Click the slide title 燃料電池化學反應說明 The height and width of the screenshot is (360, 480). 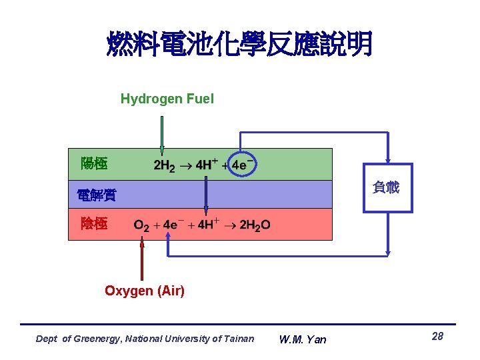point(239,45)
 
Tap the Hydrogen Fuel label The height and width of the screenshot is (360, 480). point(167,99)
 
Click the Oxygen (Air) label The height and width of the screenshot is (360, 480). point(145,291)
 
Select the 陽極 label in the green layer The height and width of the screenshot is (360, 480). point(93,163)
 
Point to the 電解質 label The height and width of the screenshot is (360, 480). point(96,195)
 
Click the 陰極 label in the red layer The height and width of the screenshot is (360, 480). point(93,224)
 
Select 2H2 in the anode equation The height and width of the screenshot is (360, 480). point(165,165)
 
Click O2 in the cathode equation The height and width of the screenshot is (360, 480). point(141,225)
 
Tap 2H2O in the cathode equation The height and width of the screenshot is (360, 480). point(255,225)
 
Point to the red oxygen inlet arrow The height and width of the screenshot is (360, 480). point(141,260)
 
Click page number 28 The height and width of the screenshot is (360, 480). point(437,337)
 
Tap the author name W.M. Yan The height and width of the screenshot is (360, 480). point(303,339)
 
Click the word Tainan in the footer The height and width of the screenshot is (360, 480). point(239,339)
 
